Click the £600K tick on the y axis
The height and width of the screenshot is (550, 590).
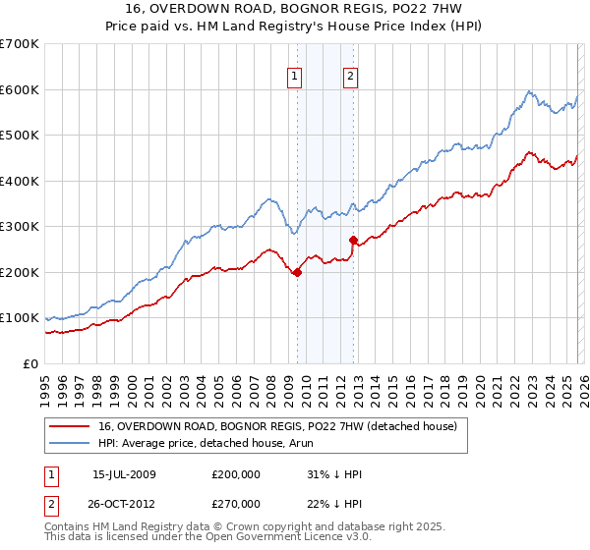pos(20,89)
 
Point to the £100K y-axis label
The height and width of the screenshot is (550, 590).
pos(20,318)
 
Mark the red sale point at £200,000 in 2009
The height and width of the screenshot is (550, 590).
pos(297,273)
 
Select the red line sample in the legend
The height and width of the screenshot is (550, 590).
pos(69,427)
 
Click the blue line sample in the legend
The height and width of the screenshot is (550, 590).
pos(69,444)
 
